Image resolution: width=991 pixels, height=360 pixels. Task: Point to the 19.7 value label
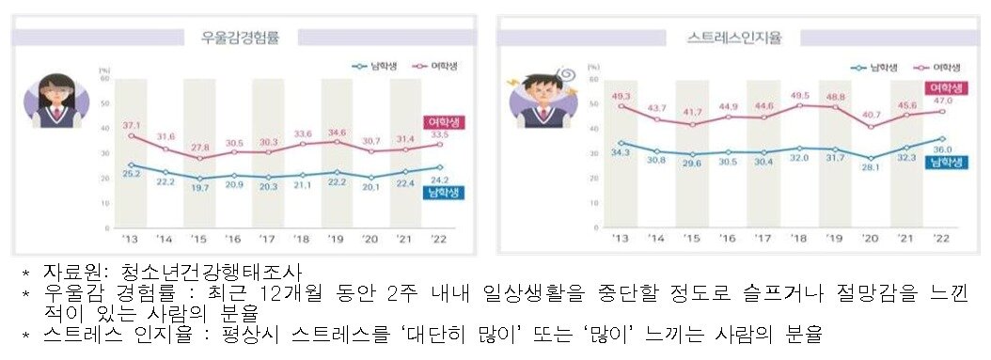pyautogui.click(x=199, y=188)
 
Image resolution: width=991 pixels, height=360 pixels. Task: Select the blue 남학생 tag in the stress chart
pyautogui.click(x=942, y=163)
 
